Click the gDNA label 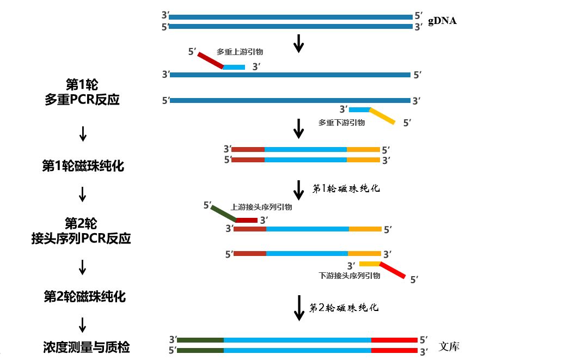[x=442, y=21]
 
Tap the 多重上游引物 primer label [x=240, y=52]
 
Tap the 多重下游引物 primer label [x=341, y=123]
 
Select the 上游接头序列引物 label [x=261, y=207]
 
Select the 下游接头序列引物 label [x=349, y=276]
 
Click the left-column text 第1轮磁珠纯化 [x=83, y=166]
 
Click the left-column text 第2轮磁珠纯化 [x=84, y=296]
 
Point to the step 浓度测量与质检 [x=87, y=347]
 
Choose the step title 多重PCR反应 [x=82, y=100]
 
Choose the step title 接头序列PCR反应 [x=81, y=238]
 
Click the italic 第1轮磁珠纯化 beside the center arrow [x=346, y=189]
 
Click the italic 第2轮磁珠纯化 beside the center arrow [x=344, y=308]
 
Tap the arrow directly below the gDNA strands [x=298, y=44]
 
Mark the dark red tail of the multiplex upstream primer [x=211, y=60]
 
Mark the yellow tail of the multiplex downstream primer [x=382, y=117]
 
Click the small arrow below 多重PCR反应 [x=83, y=133]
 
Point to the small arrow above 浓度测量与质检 [x=83, y=325]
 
